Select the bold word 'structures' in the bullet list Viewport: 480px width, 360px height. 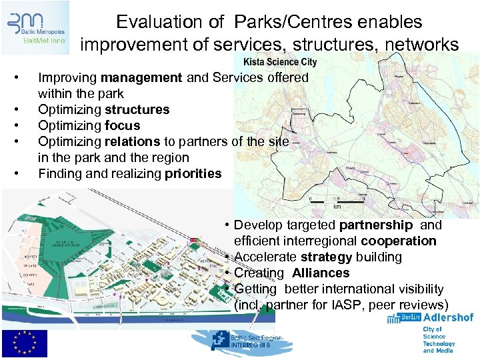tap(137, 109)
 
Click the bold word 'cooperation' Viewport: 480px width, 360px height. tap(399, 241)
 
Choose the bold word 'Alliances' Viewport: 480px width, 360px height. tap(320, 273)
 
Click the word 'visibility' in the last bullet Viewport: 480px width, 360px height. tap(415, 289)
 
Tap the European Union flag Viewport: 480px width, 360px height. tap(24, 343)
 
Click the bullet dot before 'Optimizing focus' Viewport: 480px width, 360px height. tap(24, 125)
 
